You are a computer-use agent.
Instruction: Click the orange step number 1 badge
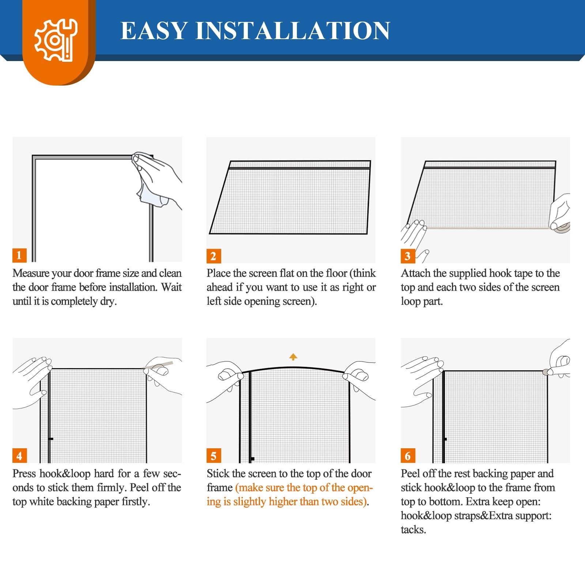point(19,255)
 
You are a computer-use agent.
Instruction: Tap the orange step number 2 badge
point(213,256)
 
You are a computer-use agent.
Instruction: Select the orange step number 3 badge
point(407,256)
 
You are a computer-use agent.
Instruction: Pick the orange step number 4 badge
point(19,456)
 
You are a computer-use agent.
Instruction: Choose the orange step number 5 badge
point(213,456)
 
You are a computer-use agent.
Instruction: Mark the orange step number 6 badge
point(407,456)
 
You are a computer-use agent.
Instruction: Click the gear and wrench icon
point(56,40)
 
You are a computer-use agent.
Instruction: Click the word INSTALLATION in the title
point(293,30)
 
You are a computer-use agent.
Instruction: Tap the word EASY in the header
point(154,30)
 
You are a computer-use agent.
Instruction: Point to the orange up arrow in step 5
point(293,356)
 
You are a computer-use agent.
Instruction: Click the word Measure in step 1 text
point(31,273)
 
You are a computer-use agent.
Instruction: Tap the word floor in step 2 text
point(333,273)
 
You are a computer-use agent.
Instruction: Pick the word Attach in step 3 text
point(415,273)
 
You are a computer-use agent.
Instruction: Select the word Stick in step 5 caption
point(218,473)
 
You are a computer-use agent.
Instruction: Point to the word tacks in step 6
point(414,530)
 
